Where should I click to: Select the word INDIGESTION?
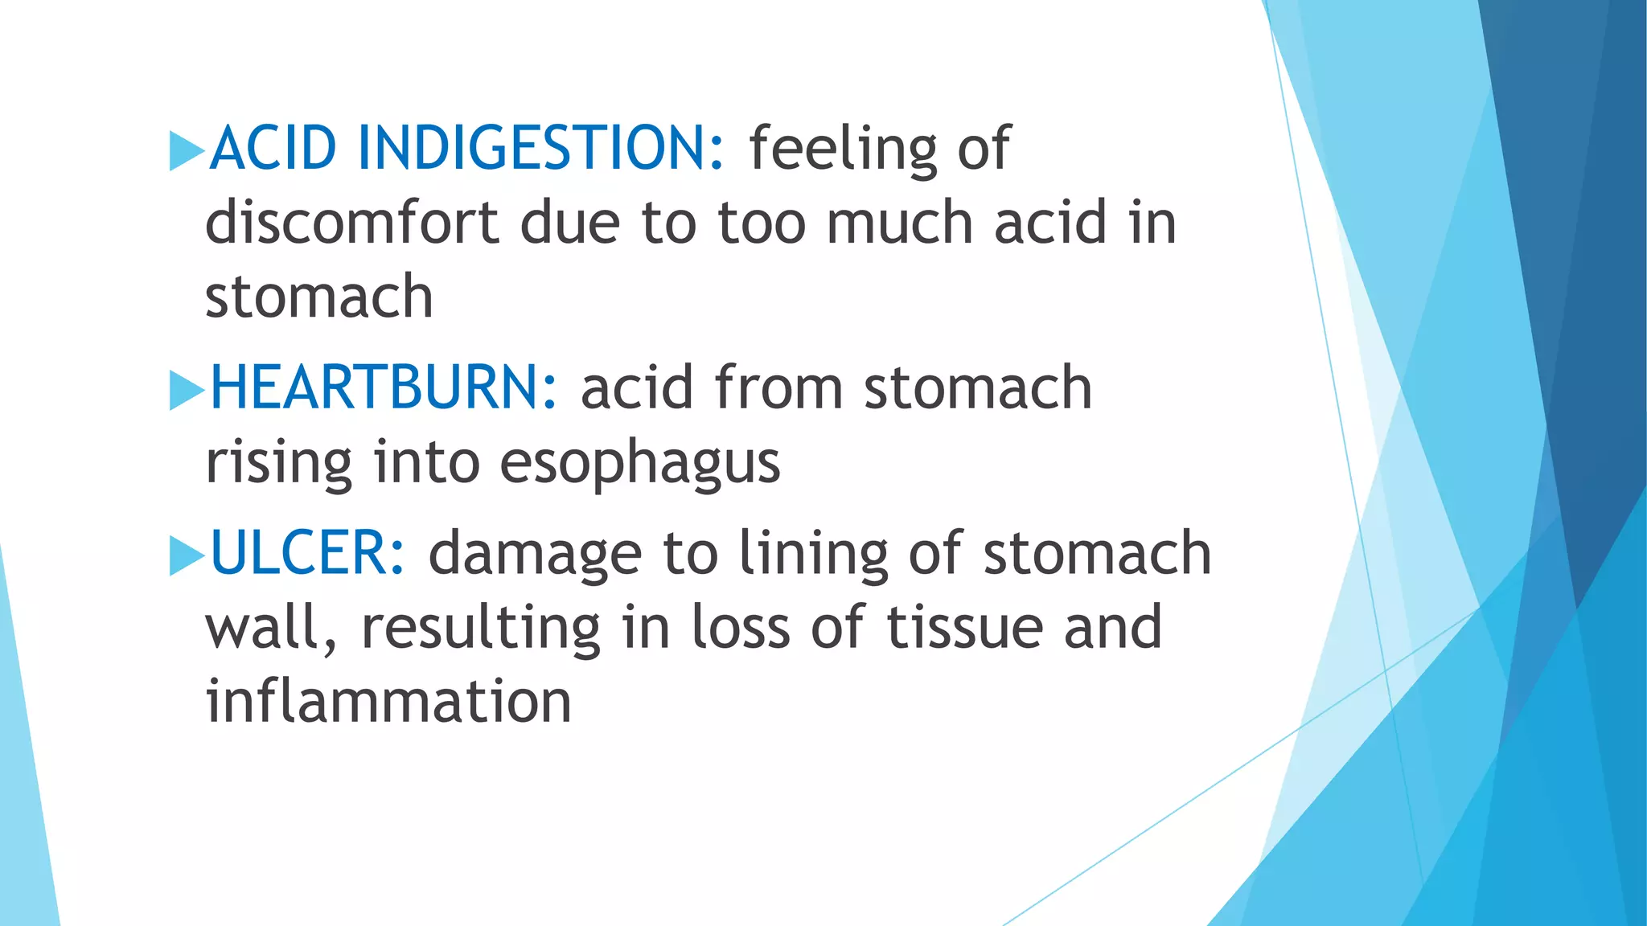(541, 149)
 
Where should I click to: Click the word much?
(899, 223)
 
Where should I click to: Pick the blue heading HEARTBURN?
(383, 388)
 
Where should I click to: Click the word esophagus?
(639, 464)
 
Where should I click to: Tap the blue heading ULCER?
(307, 554)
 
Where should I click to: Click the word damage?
(535, 555)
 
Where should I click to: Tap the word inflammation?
(388, 702)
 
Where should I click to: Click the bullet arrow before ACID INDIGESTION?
(187, 151)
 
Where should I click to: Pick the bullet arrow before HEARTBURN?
(187, 391)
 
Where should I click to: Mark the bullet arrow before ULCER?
(187, 556)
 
